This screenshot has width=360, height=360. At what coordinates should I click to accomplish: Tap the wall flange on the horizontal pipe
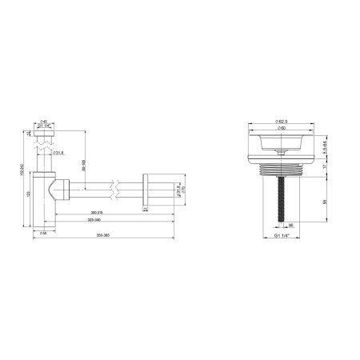click(x=147, y=189)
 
